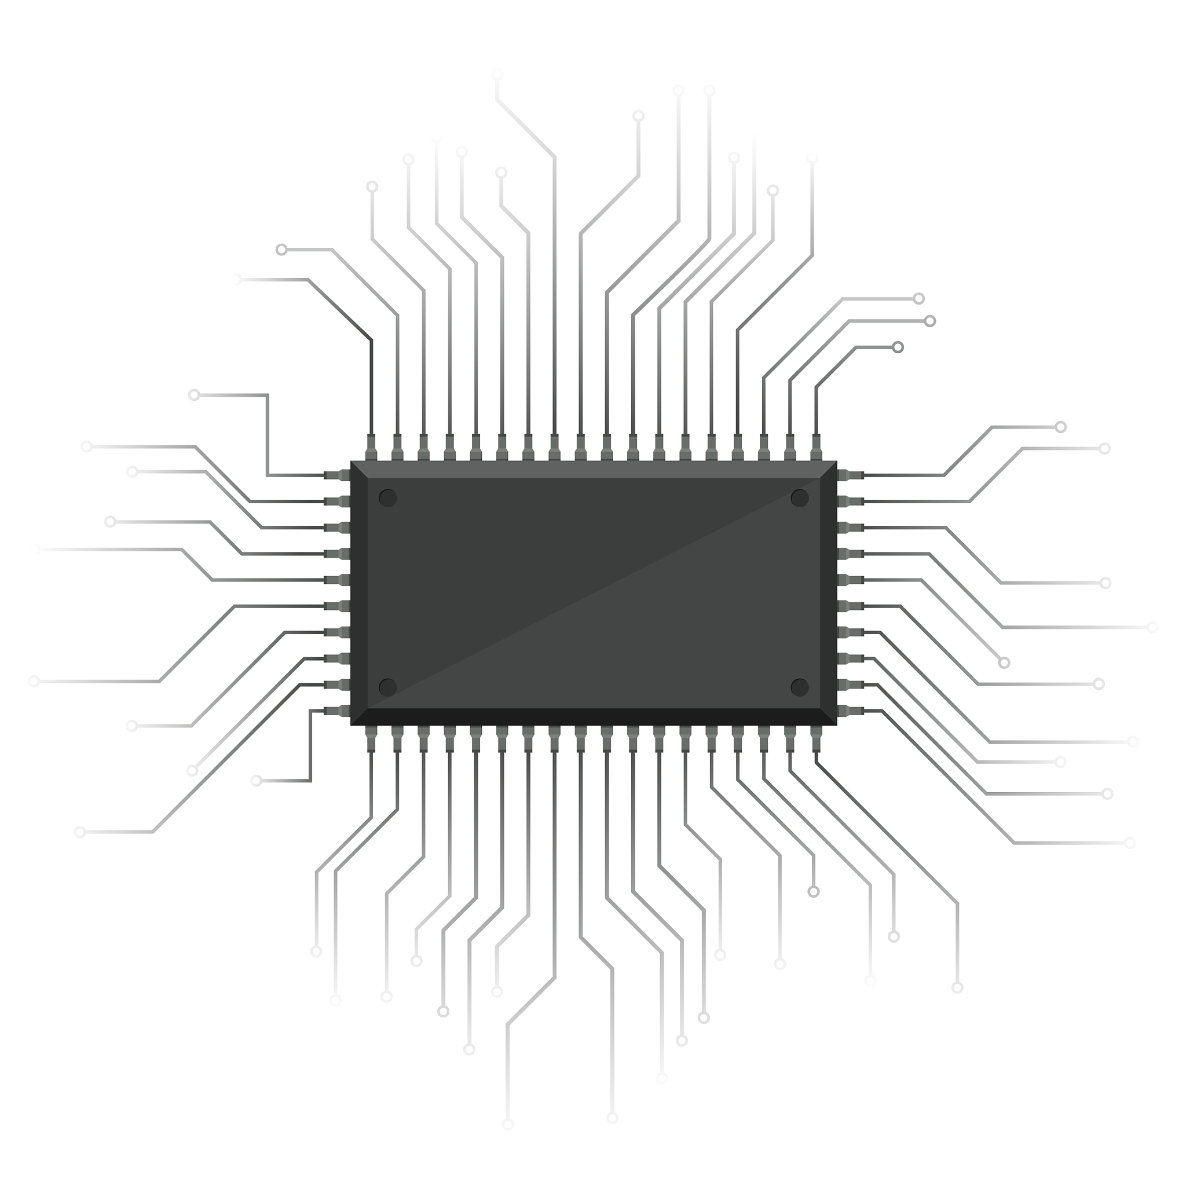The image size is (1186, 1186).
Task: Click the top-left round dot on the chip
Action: (x=387, y=498)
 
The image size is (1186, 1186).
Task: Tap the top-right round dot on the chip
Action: (x=799, y=498)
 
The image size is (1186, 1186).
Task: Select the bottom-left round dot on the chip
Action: (x=387, y=687)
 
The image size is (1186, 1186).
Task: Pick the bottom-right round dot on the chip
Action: (x=799, y=687)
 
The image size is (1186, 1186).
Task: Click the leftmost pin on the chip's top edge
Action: (x=371, y=448)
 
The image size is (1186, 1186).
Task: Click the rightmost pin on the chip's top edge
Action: (x=816, y=448)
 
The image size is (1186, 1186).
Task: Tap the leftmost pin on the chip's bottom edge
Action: (x=371, y=738)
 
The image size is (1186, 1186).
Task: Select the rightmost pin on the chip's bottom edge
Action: (x=816, y=738)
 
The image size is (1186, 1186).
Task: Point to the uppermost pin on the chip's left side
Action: (x=337, y=475)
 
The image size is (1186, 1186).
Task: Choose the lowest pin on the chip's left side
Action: (x=337, y=711)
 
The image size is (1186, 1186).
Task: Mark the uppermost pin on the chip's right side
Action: (x=850, y=475)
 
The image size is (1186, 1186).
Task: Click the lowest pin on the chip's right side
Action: (x=850, y=711)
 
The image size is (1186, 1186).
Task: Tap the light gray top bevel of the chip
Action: (x=593, y=469)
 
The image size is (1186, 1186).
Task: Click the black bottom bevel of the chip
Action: (x=593, y=716)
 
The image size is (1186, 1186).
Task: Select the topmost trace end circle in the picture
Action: (x=497, y=75)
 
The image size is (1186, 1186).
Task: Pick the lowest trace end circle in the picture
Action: (x=508, y=1125)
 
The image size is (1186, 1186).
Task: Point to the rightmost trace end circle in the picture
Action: (x=1152, y=627)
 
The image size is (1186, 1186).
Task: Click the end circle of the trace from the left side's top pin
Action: (x=194, y=395)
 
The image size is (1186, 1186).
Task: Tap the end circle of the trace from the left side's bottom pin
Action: (x=256, y=781)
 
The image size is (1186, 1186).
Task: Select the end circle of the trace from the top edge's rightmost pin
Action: (x=898, y=347)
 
